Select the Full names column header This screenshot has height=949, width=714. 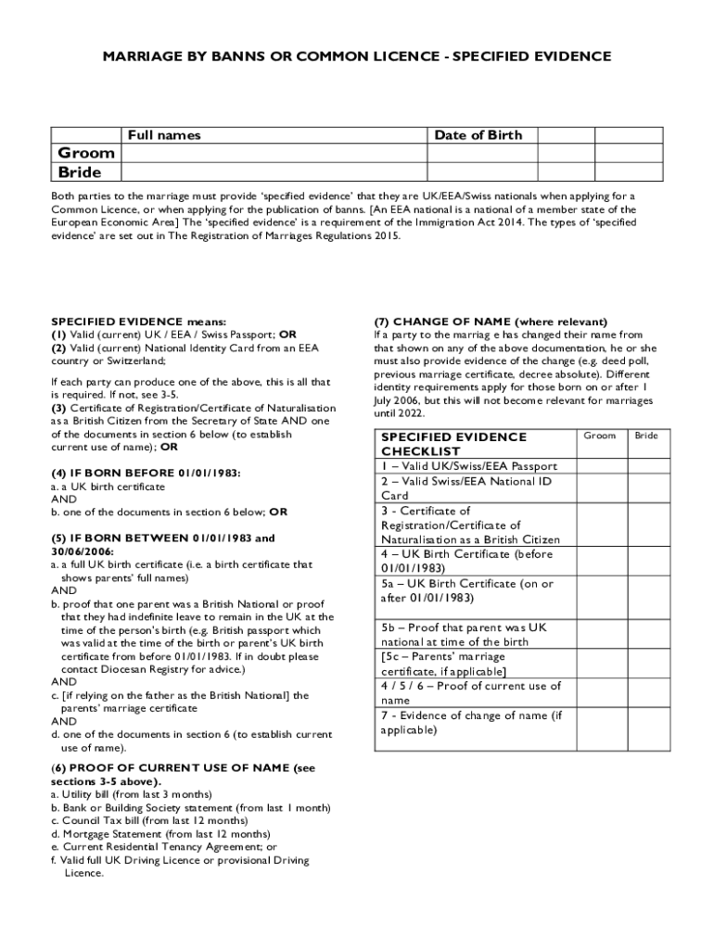tap(164, 135)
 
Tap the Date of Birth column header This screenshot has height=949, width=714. tap(478, 135)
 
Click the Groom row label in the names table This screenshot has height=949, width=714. tap(86, 153)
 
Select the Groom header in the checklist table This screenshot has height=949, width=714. tap(599, 436)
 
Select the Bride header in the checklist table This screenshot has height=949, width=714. tap(646, 436)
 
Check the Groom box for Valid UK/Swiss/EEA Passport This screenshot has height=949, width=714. tap(599, 465)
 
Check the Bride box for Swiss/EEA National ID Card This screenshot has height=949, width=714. tap(646, 488)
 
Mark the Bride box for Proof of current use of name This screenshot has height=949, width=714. tap(646, 693)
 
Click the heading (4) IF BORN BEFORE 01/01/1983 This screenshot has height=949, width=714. tap(147, 473)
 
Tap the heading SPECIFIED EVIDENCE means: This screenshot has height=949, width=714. tap(139, 322)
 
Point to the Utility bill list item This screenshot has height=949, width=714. tap(131, 795)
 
